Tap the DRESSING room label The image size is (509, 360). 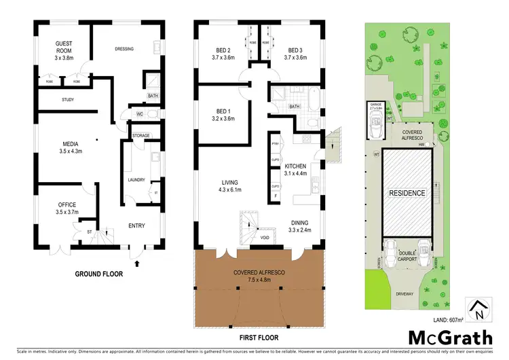[x=124, y=49]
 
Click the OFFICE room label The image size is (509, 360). [x=67, y=204]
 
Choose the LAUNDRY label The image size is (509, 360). [x=137, y=180]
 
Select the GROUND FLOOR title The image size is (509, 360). [x=99, y=274]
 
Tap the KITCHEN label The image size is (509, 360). [x=295, y=166]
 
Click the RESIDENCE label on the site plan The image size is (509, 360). [x=407, y=193]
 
